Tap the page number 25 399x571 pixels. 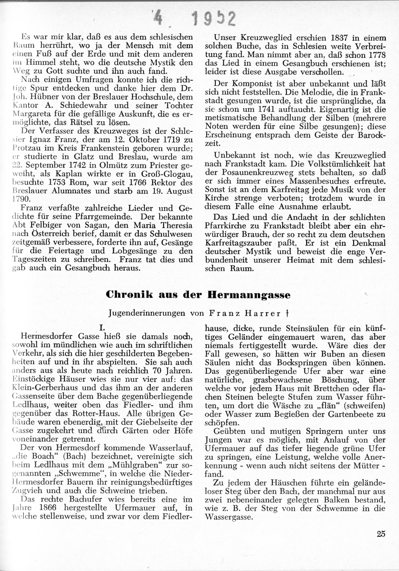pos(381,534)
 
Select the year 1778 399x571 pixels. pos(376,54)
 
